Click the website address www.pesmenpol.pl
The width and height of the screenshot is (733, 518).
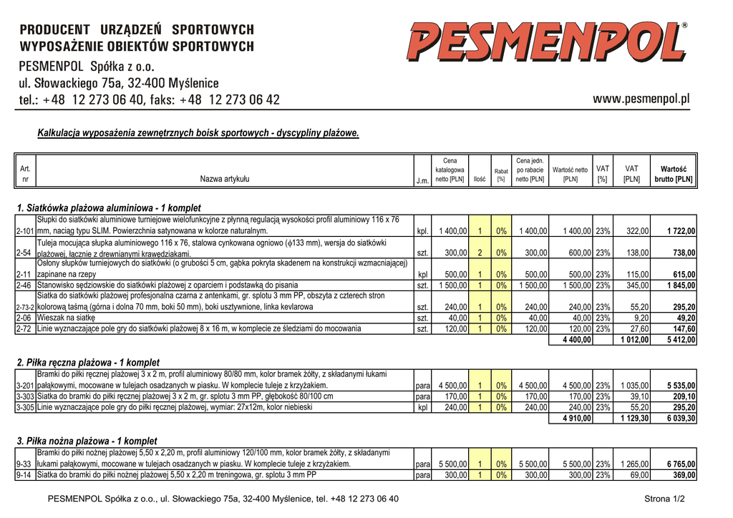(x=641, y=99)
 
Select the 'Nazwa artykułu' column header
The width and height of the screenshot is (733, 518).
(x=225, y=179)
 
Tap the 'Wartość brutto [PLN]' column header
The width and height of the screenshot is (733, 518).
(x=674, y=174)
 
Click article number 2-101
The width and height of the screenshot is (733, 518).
(x=25, y=231)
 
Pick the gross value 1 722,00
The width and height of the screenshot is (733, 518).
(x=681, y=231)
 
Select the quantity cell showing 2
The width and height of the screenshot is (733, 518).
(x=480, y=253)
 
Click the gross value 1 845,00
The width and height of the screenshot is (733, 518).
(x=681, y=285)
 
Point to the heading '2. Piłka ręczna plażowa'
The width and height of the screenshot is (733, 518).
(x=88, y=363)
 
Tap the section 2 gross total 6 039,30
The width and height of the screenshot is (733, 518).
(x=681, y=419)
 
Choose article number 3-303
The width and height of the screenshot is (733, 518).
(x=25, y=396)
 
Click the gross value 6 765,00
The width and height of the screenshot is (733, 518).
(x=681, y=464)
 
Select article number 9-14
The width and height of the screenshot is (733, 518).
(x=24, y=475)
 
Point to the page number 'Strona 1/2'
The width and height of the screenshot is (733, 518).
(x=664, y=499)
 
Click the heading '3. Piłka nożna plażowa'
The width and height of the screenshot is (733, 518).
(x=87, y=441)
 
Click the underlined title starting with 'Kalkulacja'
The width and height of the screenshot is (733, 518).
(x=198, y=133)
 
